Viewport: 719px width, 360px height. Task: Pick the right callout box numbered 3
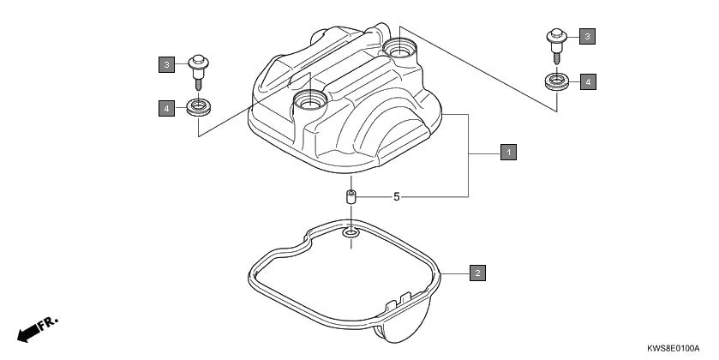[x=587, y=36]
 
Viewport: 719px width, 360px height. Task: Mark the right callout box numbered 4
[x=587, y=81]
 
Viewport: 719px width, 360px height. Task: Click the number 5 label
[x=397, y=196]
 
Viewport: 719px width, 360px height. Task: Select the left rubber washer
[x=199, y=108]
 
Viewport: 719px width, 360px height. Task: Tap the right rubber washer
[x=557, y=82]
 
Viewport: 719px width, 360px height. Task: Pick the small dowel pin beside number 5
[x=351, y=197]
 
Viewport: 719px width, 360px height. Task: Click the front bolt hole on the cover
[x=309, y=103]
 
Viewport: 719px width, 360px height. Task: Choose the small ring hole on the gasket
[x=351, y=232]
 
